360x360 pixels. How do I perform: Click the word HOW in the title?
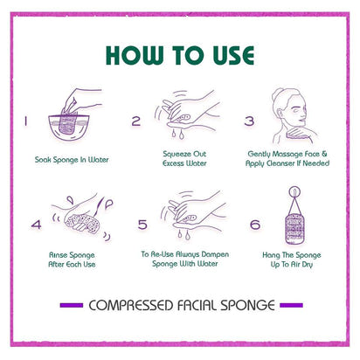coord(135,55)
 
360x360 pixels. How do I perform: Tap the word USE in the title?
coord(233,55)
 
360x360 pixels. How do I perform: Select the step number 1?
coord(26,121)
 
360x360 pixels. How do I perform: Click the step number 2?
coord(135,121)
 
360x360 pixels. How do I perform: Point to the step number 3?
coord(249,121)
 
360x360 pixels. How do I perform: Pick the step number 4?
coord(37,225)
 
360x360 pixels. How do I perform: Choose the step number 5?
coord(142,225)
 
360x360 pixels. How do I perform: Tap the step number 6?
coord(255,225)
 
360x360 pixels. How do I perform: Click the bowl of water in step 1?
coord(69,127)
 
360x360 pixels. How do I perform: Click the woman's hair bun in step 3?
coord(277,93)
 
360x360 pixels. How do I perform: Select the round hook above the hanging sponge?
coord(294,192)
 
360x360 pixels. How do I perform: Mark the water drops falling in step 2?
coord(177,134)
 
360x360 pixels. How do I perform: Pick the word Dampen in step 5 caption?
coord(215,254)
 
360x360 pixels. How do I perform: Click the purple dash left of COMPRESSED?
coord(72,305)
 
